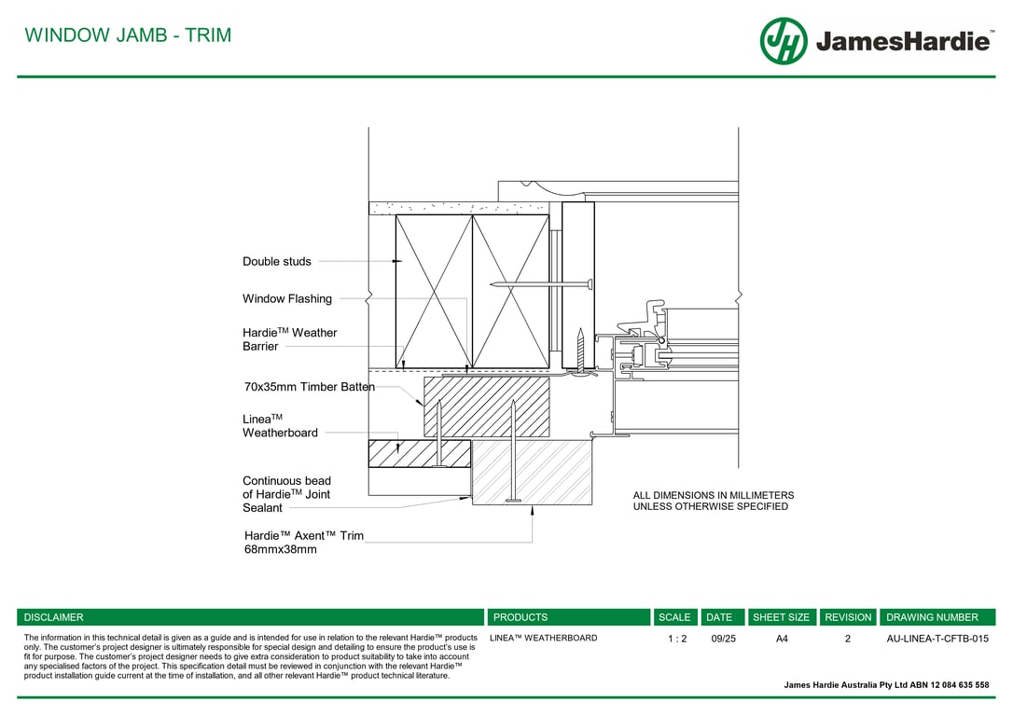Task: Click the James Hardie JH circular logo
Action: (784, 41)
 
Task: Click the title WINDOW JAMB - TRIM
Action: (128, 34)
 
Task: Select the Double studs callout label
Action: (276, 261)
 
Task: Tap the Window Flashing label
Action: (287, 299)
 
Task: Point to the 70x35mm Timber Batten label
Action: (310, 387)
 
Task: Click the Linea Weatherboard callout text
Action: (280, 426)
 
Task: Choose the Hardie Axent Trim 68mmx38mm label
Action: (304, 543)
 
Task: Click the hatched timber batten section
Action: (487, 406)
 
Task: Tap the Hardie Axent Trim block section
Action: (533, 472)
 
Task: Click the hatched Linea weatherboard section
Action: (420, 454)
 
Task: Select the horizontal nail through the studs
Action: (541, 284)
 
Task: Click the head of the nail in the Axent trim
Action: (514, 501)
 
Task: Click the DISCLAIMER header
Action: (53, 617)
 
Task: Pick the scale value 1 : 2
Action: (677, 639)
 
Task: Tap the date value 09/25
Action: (723, 639)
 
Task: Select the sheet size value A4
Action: (782, 639)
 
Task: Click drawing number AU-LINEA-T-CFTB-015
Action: (937, 639)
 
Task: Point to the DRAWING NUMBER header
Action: (932, 617)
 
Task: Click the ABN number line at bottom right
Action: (886, 685)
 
